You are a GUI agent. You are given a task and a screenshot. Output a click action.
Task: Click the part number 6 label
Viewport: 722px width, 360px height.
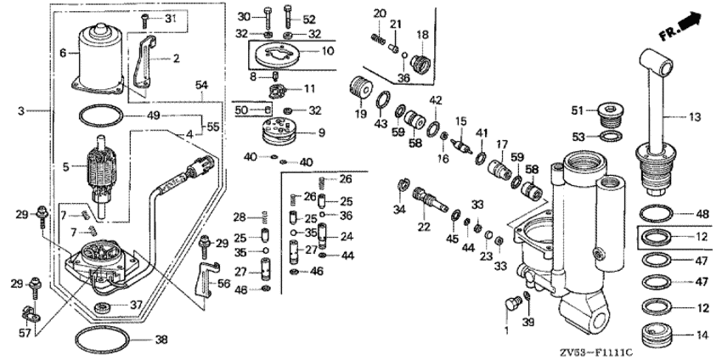click(62, 53)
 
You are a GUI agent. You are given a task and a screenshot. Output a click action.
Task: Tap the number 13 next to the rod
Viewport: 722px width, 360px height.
click(694, 117)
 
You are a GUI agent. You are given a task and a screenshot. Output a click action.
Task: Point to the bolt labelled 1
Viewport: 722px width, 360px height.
click(511, 302)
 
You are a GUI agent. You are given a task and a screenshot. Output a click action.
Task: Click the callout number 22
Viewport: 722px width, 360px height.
click(422, 227)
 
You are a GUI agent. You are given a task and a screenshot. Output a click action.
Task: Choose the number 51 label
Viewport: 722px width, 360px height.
click(578, 111)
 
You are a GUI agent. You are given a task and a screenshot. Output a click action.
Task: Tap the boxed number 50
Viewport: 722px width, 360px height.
click(241, 110)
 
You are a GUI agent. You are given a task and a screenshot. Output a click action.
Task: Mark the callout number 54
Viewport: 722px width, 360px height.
click(201, 87)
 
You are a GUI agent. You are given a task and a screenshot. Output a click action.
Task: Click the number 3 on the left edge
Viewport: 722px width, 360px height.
click(21, 111)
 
